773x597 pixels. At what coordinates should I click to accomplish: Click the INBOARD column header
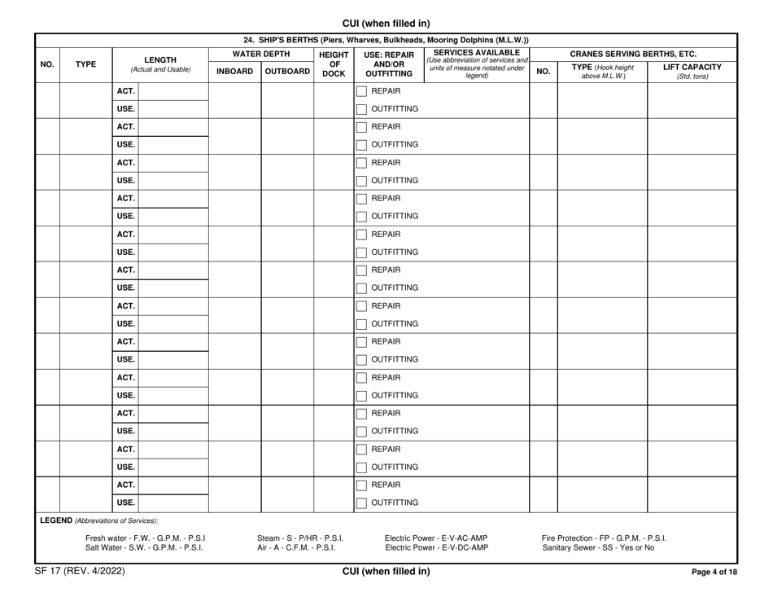pos(234,71)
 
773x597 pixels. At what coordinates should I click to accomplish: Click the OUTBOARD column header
pos(287,71)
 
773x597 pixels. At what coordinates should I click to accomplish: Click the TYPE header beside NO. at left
pos(86,59)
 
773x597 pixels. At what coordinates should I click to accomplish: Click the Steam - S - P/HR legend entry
pos(299,537)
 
